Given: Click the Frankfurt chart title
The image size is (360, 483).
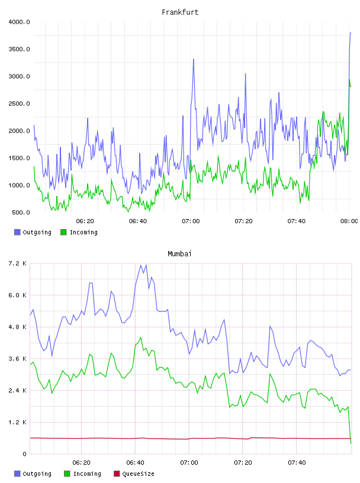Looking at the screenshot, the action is click(x=180, y=12).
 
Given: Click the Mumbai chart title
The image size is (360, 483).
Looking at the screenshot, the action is click(x=179, y=253).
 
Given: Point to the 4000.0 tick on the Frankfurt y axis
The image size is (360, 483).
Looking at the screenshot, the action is click(x=19, y=22).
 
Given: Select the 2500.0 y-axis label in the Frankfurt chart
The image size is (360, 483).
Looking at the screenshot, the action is click(x=19, y=104).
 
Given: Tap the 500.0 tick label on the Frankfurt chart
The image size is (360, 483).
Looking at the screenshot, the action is click(x=21, y=212).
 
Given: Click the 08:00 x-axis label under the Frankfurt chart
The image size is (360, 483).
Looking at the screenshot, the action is click(x=349, y=221).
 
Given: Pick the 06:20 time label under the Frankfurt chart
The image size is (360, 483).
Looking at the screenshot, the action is click(x=85, y=221).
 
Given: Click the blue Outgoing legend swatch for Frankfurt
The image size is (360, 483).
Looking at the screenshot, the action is click(x=17, y=232).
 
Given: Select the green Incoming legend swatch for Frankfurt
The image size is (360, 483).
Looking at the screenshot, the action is click(x=63, y=232).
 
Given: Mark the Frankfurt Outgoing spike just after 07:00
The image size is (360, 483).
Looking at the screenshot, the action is click(x=194, y=59).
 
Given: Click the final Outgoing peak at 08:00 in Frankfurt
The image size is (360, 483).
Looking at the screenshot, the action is click(x=351, y=33).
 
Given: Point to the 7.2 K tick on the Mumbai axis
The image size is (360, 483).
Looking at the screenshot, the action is click(x=17, y=263).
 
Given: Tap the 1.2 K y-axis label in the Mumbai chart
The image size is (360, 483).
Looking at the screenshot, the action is click(x=17, y=422).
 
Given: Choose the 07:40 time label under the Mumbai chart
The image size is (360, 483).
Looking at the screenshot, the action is click(x=297, y=462).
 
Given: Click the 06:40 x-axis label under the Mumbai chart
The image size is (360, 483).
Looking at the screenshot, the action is click(x=135, y=462).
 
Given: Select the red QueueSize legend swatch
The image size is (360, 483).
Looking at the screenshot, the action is click(x=117, y=474).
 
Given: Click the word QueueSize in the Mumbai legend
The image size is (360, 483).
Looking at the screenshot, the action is click(x=138, y=474).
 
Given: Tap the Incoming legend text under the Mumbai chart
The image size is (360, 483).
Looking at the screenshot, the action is click(x=87, y=474).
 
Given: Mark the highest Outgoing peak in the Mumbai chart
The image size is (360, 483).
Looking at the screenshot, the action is click(x=141, y=265).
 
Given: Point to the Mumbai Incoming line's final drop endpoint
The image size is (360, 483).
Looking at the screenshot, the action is click(x=351, y=443).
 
